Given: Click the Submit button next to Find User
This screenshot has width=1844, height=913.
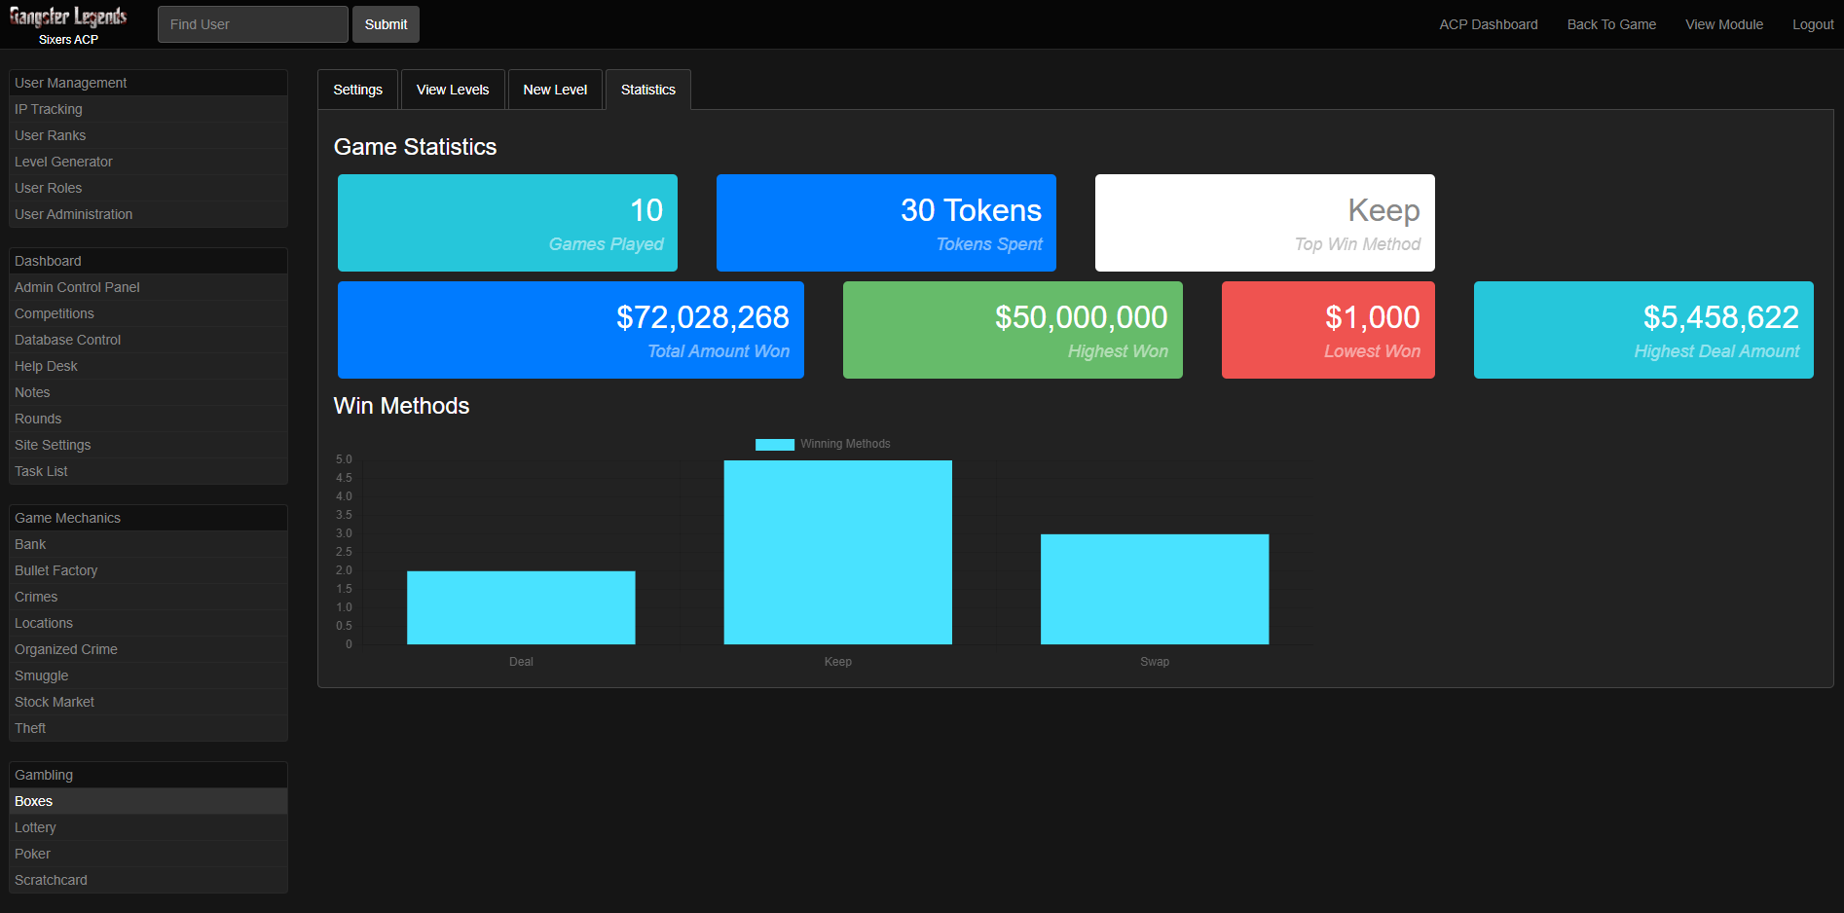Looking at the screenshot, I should (386, 24).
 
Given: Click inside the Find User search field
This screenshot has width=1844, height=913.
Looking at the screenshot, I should (252, 24).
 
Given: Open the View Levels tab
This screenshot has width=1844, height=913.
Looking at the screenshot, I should (453, 90).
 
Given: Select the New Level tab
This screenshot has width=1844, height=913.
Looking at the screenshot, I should (555, 90).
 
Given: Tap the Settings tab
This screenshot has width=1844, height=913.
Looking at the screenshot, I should (357, 90).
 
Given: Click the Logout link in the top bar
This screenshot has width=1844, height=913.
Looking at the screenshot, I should (1813, 24).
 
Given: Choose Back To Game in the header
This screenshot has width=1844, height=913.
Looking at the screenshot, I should (1611, 24).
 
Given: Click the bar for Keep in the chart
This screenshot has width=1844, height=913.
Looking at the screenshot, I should (837, 552).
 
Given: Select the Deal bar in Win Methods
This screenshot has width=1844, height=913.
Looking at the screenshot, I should (521, 607).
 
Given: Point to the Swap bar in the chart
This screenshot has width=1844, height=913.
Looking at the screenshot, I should (1155, 589).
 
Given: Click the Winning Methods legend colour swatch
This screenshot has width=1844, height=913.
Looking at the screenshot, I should (775, 444).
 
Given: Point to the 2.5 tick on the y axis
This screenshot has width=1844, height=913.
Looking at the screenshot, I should (344, 552).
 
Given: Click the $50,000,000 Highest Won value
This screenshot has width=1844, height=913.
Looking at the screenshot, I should (1081, 317).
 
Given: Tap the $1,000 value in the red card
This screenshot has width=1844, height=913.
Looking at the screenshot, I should (1372, 317).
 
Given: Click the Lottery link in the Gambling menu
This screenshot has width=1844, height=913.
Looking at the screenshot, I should (36, 827).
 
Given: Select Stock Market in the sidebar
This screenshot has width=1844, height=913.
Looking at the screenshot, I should (55, 702).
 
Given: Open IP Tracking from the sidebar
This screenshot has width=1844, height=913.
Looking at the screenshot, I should (49, 109).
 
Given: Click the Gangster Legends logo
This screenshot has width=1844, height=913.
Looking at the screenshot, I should (68, 18).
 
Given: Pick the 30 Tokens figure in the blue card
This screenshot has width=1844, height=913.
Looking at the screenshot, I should (971, 210).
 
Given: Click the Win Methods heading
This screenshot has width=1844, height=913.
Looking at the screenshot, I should (401, 406).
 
